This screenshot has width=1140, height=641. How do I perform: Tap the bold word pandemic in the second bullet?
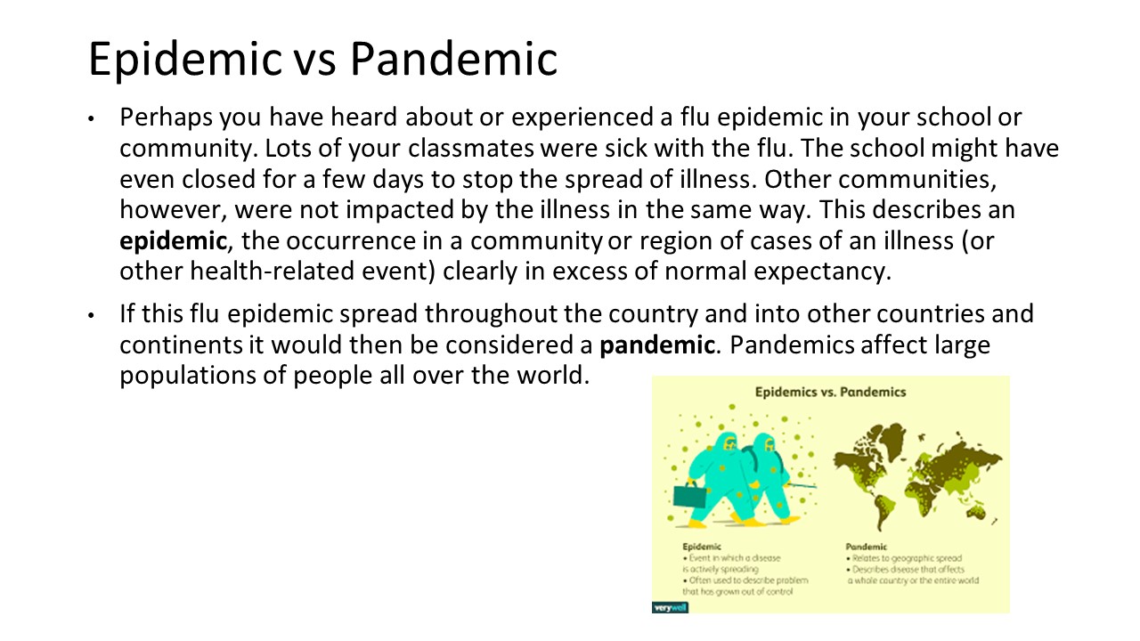657,345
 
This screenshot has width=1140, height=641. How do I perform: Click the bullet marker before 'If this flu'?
90,315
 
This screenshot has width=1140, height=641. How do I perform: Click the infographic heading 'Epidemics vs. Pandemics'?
830,392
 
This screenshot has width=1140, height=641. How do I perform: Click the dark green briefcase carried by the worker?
690,495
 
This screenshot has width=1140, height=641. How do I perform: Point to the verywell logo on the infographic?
670,607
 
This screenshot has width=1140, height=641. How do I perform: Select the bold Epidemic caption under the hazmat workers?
702,547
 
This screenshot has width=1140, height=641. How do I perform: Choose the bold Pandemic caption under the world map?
866,547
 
